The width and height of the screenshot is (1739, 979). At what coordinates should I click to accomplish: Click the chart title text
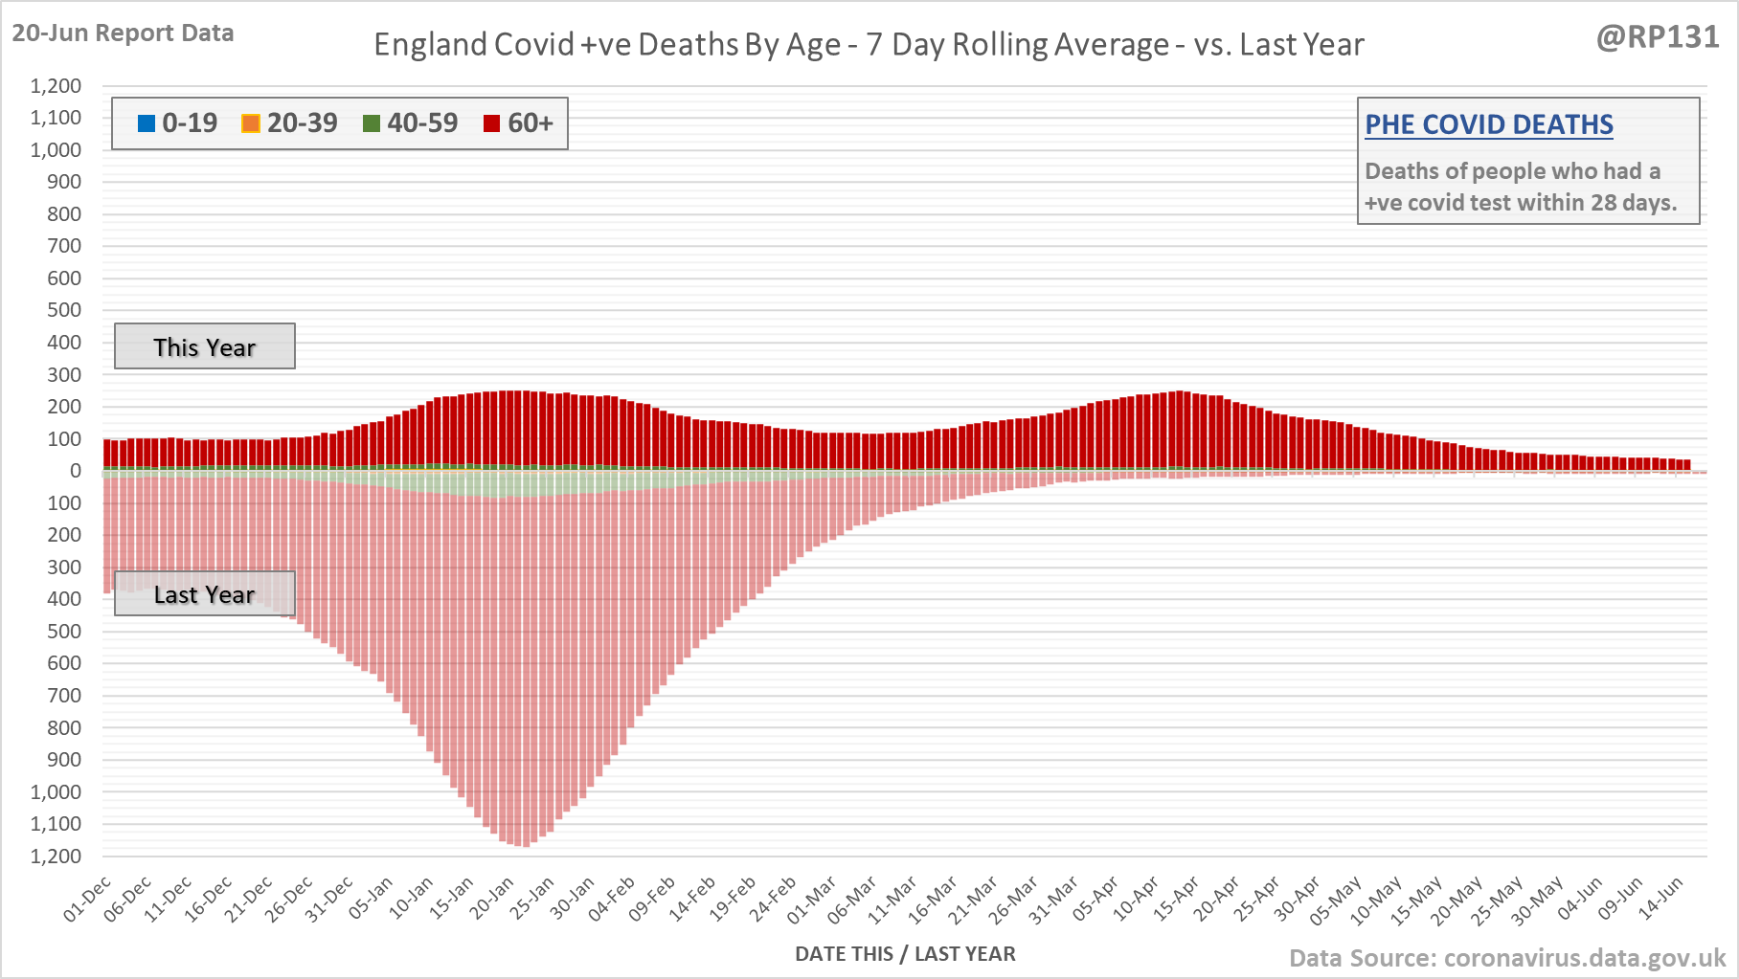[x=869, y=45]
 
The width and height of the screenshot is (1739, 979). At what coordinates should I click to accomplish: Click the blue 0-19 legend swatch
[x=147, y=123]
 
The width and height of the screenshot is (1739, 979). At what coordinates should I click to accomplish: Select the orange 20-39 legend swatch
[x=251, y=123]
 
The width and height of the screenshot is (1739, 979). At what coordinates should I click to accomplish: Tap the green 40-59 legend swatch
[x=372, y=123]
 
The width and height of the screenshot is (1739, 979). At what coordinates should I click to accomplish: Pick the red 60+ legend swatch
[x=492, y=123]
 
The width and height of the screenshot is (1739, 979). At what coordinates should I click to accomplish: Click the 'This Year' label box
[x=205, y=346]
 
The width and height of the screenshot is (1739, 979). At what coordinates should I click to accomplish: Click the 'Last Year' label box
[x=205, y=594]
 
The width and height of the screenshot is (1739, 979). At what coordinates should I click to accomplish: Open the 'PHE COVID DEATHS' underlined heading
[x=1488, y=124]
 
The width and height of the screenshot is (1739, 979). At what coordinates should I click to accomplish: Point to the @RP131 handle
[x=1658, y=37]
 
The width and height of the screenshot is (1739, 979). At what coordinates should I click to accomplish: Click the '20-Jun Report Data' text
[x=123, y=33]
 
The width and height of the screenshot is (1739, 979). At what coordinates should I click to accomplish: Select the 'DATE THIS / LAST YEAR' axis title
[x=905, y=953]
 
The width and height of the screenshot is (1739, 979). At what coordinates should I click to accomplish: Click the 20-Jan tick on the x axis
[x=492, y=899]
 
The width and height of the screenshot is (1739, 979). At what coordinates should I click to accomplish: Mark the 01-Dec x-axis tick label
[x=89, y=899]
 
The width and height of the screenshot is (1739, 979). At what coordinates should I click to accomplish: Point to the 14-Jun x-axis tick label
[x=1661, y=899]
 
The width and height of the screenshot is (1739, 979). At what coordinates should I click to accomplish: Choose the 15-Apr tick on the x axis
[x=1177, y=899]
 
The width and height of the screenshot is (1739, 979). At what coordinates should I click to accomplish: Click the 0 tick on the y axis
[x=76, y=471]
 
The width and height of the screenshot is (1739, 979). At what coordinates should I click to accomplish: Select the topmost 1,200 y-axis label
[x=56, y=86]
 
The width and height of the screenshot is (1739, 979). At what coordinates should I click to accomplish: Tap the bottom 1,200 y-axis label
[x=56, y=856]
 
